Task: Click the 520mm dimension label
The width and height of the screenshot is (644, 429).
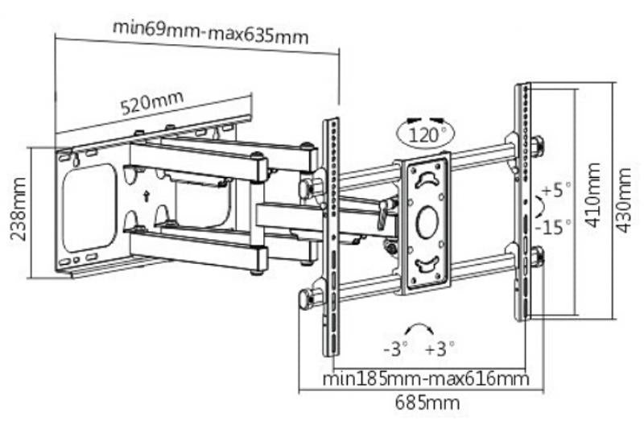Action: tap(151, 103)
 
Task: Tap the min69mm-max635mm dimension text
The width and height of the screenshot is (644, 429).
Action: tap(211, 31)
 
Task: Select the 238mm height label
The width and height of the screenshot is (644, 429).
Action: tap(19, 211)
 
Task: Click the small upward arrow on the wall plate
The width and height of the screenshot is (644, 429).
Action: tap(146, 195)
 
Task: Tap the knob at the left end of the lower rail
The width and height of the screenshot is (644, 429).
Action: tap(306, 299)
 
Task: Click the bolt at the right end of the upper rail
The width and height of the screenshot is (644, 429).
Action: tap(537, 146)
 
